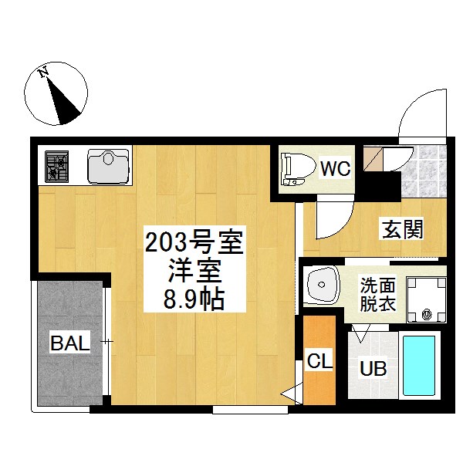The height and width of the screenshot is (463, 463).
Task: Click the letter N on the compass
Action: click(x=44, y=72)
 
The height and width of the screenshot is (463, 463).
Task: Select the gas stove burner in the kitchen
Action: click(x=56, y=166)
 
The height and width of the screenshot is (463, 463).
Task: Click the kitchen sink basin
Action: click(x=108, y=167)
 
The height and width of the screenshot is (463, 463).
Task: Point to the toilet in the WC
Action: click(x=298, y=169)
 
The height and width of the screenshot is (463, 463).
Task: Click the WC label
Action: click(x=336, y=168)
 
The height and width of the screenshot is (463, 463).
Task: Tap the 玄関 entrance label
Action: click(x=403, y=229)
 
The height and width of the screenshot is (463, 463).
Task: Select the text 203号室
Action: click(x=194, y=243)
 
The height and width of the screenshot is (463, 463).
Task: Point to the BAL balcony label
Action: click(x=70, y=343)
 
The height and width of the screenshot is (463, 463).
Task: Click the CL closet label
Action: click(x=319, y=360)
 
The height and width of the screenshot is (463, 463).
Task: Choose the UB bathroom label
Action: click(x=373, y=369)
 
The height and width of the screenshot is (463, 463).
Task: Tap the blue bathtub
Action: click(x=419, y=366)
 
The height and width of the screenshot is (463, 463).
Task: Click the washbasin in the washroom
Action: click(x=321, y=285)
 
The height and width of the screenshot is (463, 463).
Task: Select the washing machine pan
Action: click(x=427, y=299)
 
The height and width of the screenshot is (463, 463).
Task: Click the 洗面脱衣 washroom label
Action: click(x=378, y=295)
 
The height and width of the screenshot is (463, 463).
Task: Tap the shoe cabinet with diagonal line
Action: click(x=373, y=158)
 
